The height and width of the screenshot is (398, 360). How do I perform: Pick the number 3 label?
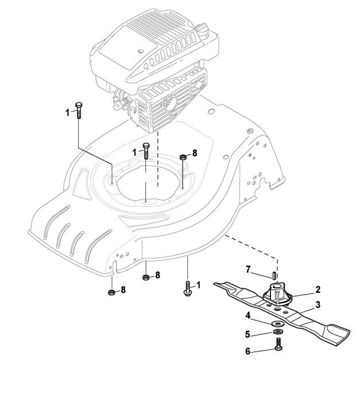click(318, 304)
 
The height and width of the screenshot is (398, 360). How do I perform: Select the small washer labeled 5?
click(277, 332)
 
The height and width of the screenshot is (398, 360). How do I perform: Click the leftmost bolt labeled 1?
click(79, 109)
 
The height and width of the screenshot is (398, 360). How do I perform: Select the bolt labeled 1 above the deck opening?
click(146, 151)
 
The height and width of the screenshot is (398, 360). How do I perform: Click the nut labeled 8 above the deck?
click(183, 156)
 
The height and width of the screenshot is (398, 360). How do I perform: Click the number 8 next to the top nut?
click(195, 153)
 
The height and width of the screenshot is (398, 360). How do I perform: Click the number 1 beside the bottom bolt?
click(199, 285)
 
